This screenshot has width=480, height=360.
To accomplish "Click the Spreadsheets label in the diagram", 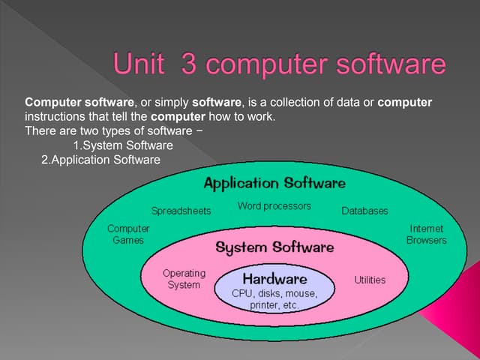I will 181,211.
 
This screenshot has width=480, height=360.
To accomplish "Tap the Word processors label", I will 274,205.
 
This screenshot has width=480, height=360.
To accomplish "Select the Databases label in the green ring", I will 364,211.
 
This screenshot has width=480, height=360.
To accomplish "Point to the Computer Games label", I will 128,234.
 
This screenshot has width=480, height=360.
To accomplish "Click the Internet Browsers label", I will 426,234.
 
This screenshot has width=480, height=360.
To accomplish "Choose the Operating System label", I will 184,279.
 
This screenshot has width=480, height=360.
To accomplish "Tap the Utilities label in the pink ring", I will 369,280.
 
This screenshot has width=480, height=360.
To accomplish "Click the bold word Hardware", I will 274,278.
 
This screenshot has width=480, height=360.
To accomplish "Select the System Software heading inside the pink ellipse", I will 274,247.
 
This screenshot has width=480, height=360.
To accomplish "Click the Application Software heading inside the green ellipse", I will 274,183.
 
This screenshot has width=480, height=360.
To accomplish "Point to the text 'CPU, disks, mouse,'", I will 274,293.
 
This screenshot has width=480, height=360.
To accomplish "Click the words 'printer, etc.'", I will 274,305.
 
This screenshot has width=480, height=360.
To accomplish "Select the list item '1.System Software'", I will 123,145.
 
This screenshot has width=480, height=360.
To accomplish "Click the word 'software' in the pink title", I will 390,64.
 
